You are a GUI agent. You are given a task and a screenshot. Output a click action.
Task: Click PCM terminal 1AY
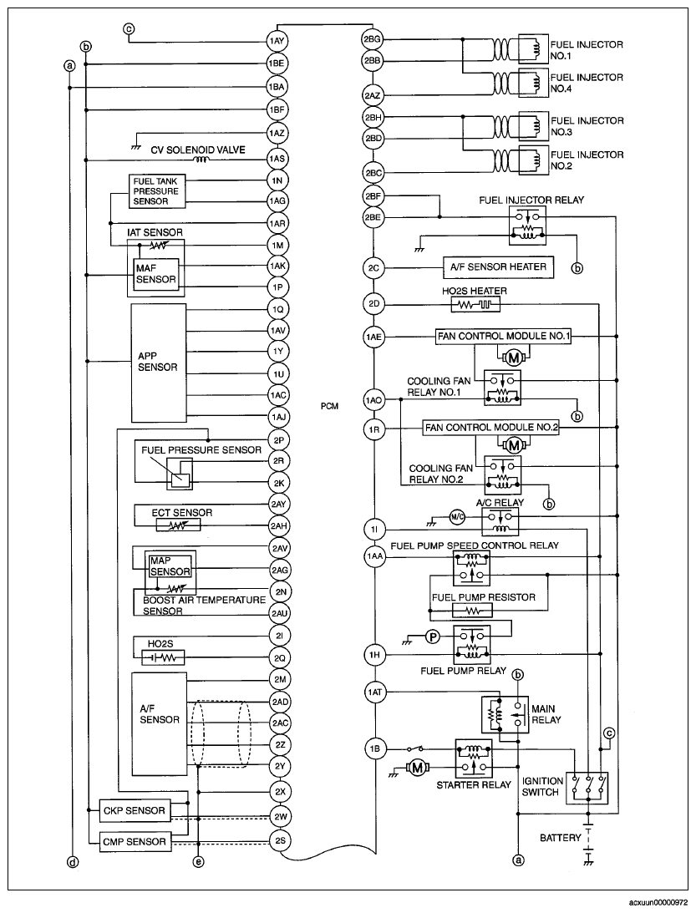277,41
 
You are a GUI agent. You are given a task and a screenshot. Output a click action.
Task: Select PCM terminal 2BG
372,39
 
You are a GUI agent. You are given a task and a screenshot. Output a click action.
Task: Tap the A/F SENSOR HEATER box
498,267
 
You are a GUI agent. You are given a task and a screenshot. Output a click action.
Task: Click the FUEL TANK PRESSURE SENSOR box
157,191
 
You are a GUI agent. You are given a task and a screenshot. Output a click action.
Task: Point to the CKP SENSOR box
134,810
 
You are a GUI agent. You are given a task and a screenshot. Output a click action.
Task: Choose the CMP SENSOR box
134,841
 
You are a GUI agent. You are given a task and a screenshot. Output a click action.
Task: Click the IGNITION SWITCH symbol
587,789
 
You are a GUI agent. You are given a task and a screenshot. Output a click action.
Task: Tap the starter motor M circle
416,768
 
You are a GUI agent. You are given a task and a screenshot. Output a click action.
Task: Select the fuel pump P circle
432,637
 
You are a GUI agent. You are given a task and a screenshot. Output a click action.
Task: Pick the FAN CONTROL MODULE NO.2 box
491,428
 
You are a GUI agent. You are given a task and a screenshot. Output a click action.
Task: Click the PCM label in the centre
329,407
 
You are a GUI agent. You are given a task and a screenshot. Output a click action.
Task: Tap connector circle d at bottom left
72,862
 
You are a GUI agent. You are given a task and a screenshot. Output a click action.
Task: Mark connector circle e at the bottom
199,862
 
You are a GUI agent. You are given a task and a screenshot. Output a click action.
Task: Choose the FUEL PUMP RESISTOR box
472,611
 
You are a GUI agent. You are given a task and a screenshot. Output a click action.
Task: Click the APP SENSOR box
159,362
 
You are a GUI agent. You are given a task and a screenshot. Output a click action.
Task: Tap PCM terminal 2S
279,840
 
